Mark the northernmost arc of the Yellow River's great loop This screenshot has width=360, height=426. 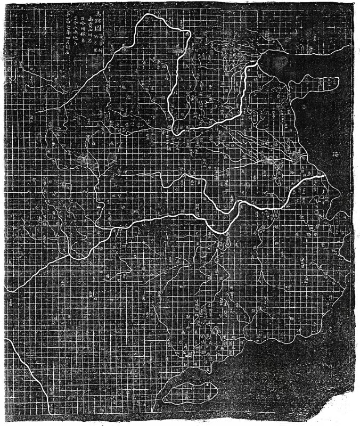click(x=160, y=16)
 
